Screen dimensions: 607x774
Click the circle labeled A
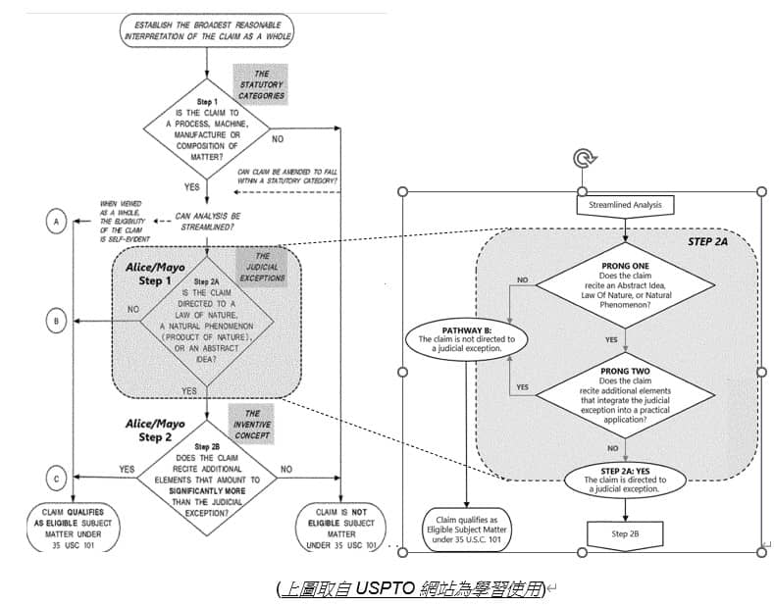57,223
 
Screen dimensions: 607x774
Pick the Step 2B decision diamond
208,478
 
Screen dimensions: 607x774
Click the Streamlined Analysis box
625,205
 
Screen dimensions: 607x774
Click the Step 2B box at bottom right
625,532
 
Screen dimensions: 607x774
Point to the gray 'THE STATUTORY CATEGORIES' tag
261,84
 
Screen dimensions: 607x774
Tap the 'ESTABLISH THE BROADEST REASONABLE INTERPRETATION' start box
208,28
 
